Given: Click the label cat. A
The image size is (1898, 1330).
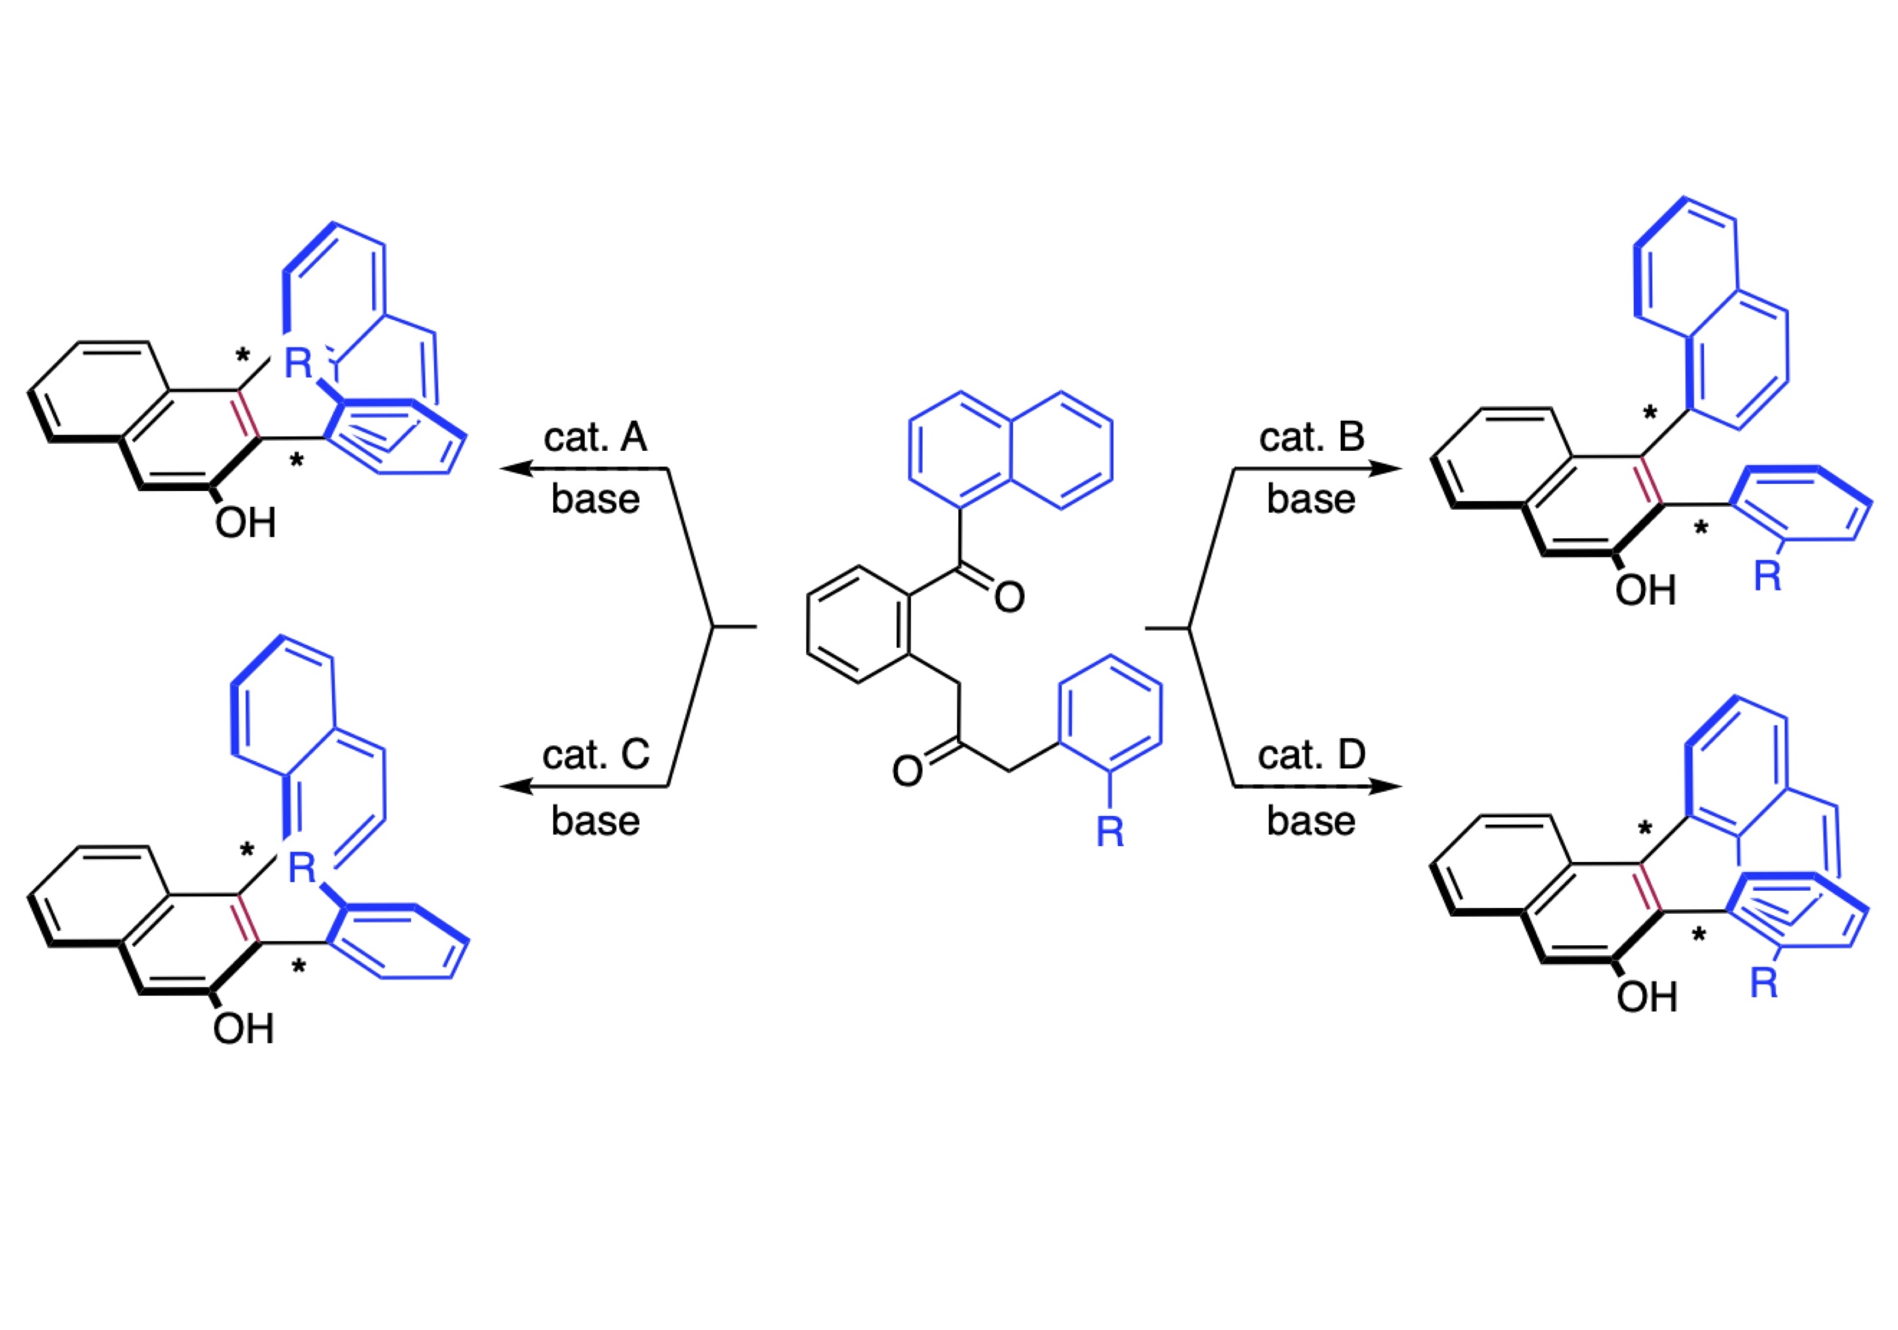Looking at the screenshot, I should [x=594, y=437].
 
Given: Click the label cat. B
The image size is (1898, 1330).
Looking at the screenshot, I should [x=1311, y=437].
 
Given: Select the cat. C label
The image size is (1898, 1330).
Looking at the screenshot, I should [x=595, y=755].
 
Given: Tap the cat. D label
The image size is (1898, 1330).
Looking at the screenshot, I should [x=1311, y=755].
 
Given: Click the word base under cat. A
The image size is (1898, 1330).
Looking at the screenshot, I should [x=595, y=499].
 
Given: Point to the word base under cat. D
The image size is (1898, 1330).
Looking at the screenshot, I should [x=1311, y=821].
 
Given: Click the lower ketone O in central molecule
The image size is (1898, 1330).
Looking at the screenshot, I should [x=907, y=771].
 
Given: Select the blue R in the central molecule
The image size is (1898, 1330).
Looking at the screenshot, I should [x=1110, y=831].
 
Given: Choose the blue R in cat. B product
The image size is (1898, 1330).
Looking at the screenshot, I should [x=1767, y=576].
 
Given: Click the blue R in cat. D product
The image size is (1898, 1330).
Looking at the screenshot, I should [x=1764, y=983].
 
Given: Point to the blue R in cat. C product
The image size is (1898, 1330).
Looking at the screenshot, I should [x=302, y=868].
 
